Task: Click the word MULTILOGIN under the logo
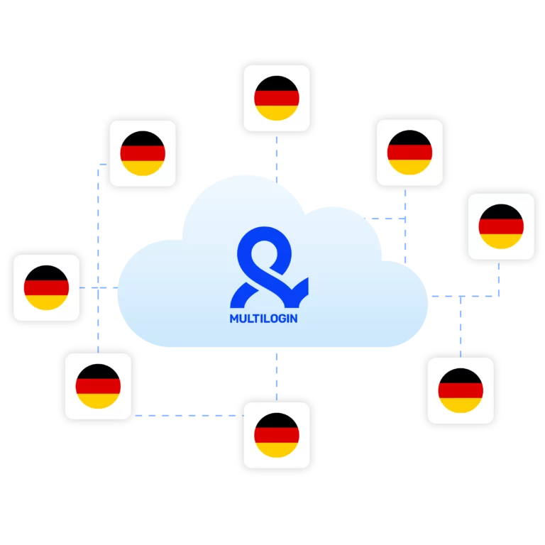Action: click(x=263, y=319)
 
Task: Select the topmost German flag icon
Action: click(x=277, y=98)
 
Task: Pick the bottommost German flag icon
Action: click(x=277, y=435)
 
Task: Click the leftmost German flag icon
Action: click(x=46, y=288)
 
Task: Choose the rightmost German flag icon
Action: click(x=501, y=226)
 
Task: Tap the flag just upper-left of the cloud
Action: click(x=143, y=153)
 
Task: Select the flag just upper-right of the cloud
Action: click(x=409, y=153)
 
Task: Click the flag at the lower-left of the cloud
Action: click(x=98, y=386)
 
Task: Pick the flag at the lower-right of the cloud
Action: click(x=461, y=390)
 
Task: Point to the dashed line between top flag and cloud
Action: click(x=277, y=159)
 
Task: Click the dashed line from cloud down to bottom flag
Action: click(x=277, y=377)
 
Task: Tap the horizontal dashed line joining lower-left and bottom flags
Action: click(x=189, y=415)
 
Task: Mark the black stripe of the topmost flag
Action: click(x=277, y=84)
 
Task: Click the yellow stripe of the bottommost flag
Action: click(x=277, y=450)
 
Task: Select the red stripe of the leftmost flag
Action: click(x=46, y=288)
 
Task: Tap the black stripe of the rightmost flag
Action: click(x=501, y=211)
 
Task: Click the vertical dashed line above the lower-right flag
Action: click(x=461, y=326)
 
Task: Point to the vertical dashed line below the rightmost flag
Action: click(x=499, y=280)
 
